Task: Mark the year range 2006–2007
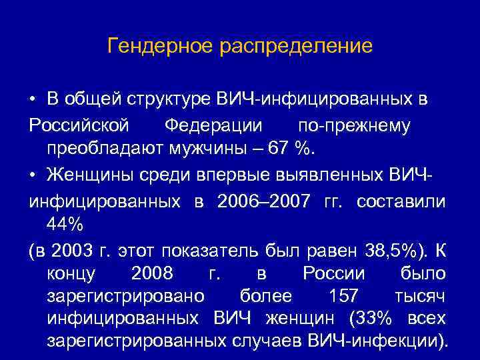coord(262,201)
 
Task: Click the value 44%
coord(65,225)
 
